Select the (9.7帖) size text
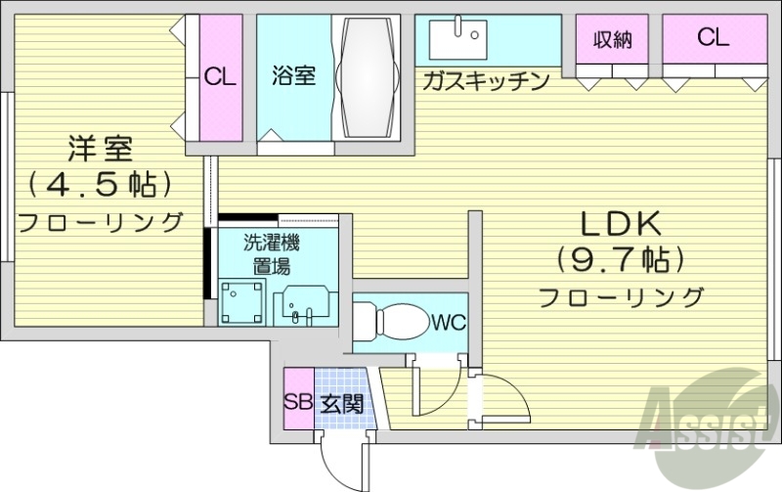pos(620,260)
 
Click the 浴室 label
pos(293,75)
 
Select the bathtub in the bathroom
pos(368,77)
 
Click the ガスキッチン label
pos(486,81)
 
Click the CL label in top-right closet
pos(713,38)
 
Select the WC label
pos(448,321)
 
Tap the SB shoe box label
pos(298,400)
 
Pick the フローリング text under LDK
pos(622,295)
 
